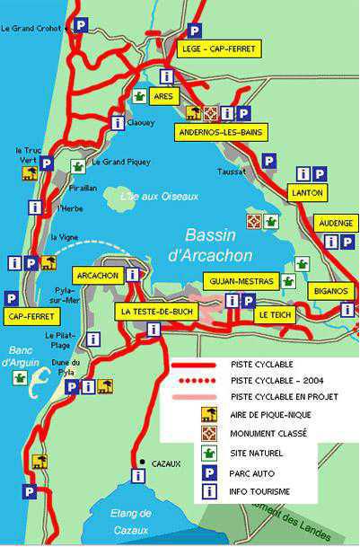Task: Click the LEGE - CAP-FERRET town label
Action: (218, 49)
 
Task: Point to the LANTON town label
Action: (308, 191)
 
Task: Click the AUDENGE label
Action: (338, 223)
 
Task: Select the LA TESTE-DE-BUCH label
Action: (154, 311)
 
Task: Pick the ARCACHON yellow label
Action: (98, 275)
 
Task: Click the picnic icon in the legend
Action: (209, 414)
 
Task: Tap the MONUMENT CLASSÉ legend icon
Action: (209, 434)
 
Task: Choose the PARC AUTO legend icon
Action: (209, 472)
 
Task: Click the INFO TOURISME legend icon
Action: (209, 491)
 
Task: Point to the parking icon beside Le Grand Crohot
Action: (81, 25)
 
